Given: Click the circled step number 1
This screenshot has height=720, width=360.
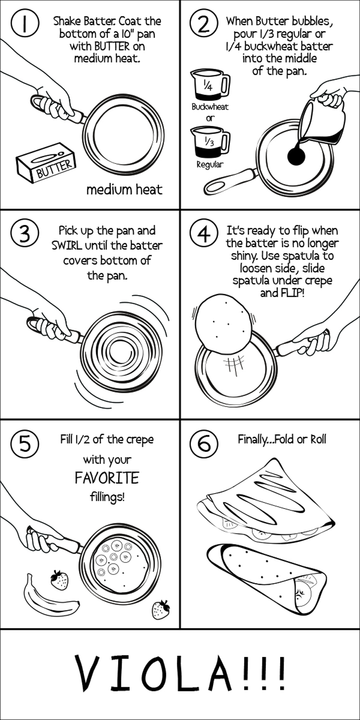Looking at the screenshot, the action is point(25,24).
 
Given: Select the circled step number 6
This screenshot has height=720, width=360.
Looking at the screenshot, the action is point(204,443).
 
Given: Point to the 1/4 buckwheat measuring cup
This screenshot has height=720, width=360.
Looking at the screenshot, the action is point(211,85).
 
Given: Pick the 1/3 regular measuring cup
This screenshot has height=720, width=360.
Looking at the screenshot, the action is point(211,141).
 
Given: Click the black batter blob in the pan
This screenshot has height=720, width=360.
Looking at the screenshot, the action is point(296,157).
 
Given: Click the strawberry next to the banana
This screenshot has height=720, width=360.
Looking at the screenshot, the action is point(60,580).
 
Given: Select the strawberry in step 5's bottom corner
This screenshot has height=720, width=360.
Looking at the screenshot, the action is point(161,609).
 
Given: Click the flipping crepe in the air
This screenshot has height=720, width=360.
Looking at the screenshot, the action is point(223,323).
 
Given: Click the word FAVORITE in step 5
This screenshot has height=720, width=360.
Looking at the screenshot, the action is point(107,478).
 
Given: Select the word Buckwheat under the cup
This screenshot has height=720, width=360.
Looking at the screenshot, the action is point(210,107).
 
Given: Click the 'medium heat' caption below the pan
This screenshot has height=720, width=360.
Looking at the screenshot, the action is point(124,190).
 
